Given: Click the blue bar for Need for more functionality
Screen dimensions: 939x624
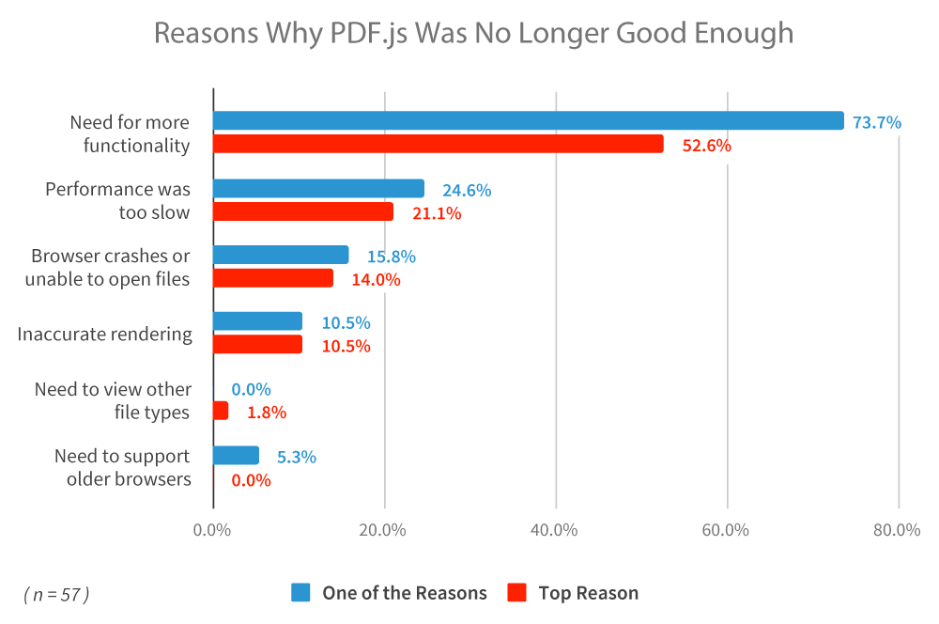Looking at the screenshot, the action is tap(528, 120).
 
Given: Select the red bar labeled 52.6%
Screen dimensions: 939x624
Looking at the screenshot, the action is tap(439, 144).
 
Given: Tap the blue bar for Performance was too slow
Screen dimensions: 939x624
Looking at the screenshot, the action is tap(318, 188).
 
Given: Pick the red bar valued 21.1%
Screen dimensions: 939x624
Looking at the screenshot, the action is tap(303, 211).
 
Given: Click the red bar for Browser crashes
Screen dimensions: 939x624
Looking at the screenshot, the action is tap(273, 278).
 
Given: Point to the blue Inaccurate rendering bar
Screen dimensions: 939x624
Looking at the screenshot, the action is tap(257, 321).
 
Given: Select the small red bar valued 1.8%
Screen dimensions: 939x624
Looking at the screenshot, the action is tap(221, 411).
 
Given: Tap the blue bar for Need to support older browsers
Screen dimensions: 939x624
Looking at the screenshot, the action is tap(236, 456).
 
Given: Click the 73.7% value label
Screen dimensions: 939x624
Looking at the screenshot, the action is tap(877, 122).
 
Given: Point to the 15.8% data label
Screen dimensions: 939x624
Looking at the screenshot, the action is tap(391, 257).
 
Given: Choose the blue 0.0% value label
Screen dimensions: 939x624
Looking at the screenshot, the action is tap(251, 390).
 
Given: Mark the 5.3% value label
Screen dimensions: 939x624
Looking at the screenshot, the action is tap(297, 458).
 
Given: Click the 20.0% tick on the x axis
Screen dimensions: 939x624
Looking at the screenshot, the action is tap(383, 530).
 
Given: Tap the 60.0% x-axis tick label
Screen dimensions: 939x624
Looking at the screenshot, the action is tap(725, 530).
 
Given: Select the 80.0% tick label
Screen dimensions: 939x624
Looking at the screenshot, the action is tap(897, 530).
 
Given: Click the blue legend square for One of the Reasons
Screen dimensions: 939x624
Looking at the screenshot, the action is tap(300, 592).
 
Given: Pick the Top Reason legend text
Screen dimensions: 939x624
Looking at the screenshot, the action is tap(588, 593).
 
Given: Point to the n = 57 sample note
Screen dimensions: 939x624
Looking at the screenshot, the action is tap(56, 594).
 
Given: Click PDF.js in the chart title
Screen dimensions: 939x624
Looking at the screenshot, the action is tap(369, 34).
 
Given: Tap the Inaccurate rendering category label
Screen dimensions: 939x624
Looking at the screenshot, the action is tap(105, 334).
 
